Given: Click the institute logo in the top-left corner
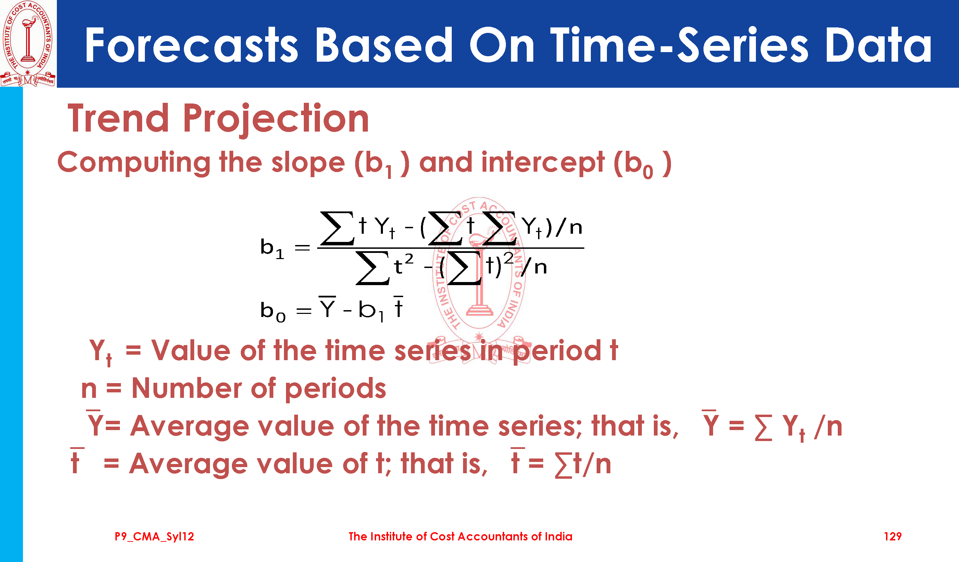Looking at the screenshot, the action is (x=28, y=44).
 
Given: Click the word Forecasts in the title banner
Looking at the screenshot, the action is (x=191, y=45).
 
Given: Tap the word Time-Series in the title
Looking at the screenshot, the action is (x=679, y=45).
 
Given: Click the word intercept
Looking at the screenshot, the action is (x=543, y=162).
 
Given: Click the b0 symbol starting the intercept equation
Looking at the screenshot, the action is (x=273, y=311).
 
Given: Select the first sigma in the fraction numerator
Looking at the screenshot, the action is (x=337, y=228).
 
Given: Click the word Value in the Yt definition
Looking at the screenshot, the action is (x=191, y=350).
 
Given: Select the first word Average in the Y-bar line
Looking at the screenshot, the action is (x=189, y=426).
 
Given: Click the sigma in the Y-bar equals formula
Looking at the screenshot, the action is (x=763, y=427).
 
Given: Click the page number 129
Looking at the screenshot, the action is (x=893, y=537).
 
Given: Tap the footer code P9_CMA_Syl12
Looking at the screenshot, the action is (x=154, y=537).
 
